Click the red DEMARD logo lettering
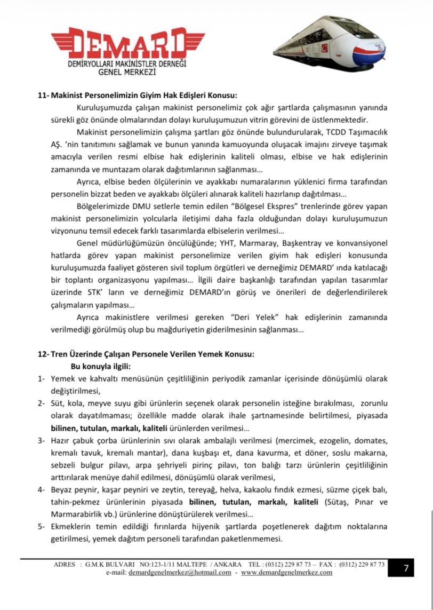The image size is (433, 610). [x=127, y=43]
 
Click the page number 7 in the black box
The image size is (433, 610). [x=406, y=568]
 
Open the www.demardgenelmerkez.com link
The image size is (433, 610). [x=286, y=572]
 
